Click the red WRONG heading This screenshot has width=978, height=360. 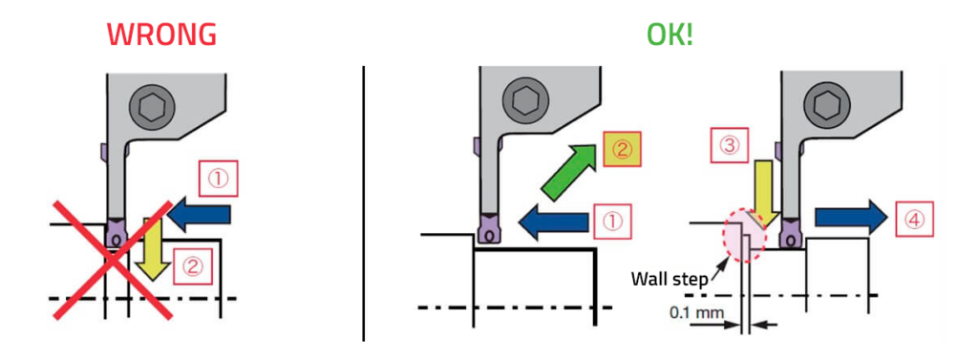(x=161, y=35)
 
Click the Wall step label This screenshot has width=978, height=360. (x=669, y=280)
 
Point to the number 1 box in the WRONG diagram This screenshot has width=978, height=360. (x=219, y=177)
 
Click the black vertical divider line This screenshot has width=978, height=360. (x=364, y=201)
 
